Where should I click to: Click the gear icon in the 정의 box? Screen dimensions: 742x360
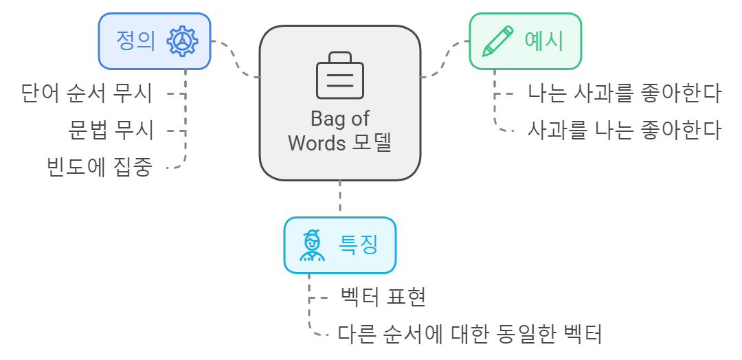click(182, 41)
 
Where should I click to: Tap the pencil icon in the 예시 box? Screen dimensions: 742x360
click(498, 41)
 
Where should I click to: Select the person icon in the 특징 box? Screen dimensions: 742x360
click(313, 245)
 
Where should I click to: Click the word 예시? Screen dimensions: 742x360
click(543, 41)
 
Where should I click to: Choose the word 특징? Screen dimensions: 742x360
click(358, 245)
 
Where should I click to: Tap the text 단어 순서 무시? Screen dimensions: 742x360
click(87, 93)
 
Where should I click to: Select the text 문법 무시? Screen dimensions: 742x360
click(111, 130)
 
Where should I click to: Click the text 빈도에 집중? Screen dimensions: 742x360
click(99, 167)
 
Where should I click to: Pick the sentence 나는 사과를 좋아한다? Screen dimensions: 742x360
click(624, 93)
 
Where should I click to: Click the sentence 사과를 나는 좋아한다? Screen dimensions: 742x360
click(624, 130)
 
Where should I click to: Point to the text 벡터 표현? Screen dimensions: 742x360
click(384, 297)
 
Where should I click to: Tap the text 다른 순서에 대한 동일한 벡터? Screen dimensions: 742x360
click(470, 335)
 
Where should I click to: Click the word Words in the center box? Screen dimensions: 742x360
click(316, 144)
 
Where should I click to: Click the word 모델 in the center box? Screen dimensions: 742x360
click(372, 144)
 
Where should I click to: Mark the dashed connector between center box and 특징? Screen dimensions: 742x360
click(340, 199)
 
